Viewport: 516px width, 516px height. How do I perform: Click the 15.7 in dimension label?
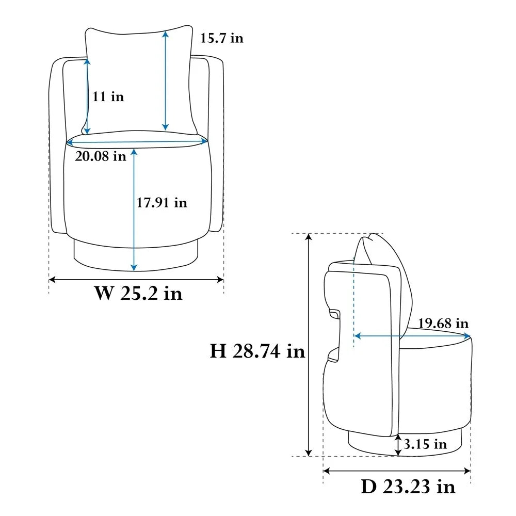pos(222,38)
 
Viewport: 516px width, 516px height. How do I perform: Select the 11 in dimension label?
pos(108,96)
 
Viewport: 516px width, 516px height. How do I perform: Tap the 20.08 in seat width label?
pos(101,156)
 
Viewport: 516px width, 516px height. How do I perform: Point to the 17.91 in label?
pos(162,202)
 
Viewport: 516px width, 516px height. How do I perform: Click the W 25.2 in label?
pos(138,293)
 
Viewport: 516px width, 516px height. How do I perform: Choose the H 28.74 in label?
pos(257,351)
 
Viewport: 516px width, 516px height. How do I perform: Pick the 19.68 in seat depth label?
pos(443,323)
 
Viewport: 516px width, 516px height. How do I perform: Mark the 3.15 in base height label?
pos(425,444)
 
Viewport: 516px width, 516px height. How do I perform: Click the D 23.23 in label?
pos(408,487)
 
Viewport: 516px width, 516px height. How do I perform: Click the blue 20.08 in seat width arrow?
pos(137,142)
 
